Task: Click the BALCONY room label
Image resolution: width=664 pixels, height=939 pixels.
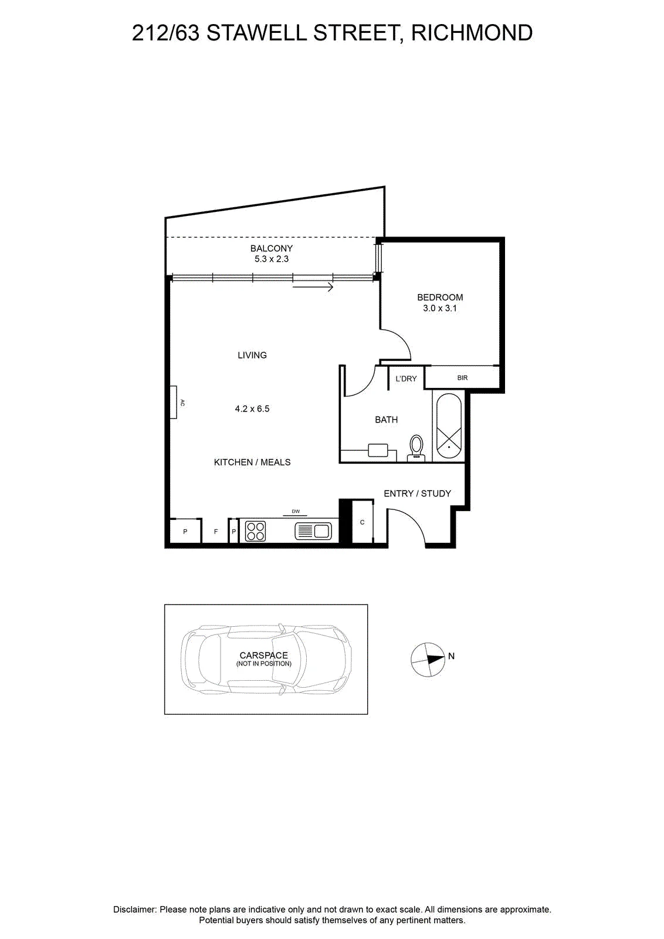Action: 272,248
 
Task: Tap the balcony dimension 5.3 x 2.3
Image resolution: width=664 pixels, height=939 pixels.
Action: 272,259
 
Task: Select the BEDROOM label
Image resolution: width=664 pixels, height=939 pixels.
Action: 440,297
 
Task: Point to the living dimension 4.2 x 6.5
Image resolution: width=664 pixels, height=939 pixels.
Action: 252,408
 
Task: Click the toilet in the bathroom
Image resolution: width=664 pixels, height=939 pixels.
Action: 416,448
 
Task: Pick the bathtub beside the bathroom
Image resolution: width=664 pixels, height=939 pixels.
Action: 449,426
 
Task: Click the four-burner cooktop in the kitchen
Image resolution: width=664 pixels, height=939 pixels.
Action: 255,531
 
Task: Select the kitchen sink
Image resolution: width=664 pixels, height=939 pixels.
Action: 313,531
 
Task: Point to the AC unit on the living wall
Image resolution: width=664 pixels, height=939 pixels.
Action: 174,403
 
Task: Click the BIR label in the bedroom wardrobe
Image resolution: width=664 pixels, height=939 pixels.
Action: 462,378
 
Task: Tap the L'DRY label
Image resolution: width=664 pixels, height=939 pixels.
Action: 406,379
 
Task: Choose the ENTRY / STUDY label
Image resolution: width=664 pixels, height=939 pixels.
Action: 417,494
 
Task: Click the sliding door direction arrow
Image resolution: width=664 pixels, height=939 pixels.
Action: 313,287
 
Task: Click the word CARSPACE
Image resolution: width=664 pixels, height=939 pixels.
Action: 263,655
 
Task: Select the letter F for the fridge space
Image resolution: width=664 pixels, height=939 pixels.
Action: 216,532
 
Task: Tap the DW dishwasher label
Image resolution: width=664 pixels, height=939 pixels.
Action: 296,511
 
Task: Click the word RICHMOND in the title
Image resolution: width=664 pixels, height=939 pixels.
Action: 472,33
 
